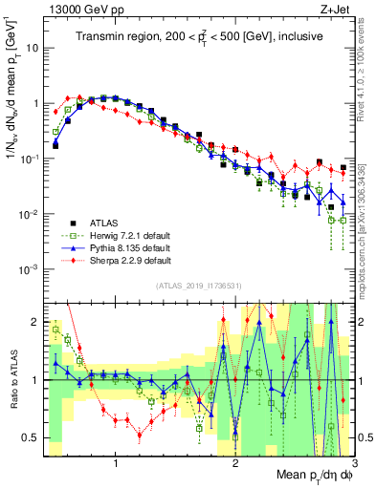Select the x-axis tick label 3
[x=354, y=464]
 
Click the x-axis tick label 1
[x=116, y=464]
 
